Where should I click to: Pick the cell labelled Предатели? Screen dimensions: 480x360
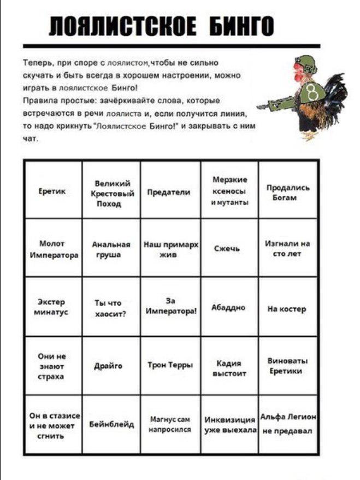point(170,192)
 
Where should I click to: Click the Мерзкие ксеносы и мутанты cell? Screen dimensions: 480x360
point(229,191)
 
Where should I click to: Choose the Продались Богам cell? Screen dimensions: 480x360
point(288,192)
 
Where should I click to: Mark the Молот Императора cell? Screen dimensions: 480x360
point(53,249)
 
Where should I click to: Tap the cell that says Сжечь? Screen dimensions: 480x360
point(229,249)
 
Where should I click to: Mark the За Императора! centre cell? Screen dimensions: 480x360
point(170,306)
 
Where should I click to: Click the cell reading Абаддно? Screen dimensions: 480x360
point(229,307)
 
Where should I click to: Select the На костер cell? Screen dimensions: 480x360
point(288,308)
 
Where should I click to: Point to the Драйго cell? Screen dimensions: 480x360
point(111,365)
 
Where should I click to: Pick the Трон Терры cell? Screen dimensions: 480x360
point(170,365)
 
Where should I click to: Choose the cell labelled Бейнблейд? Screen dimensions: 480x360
point(111,425)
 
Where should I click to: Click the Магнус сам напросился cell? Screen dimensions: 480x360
point(170,425)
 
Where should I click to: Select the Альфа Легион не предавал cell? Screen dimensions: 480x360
point(288,424)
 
